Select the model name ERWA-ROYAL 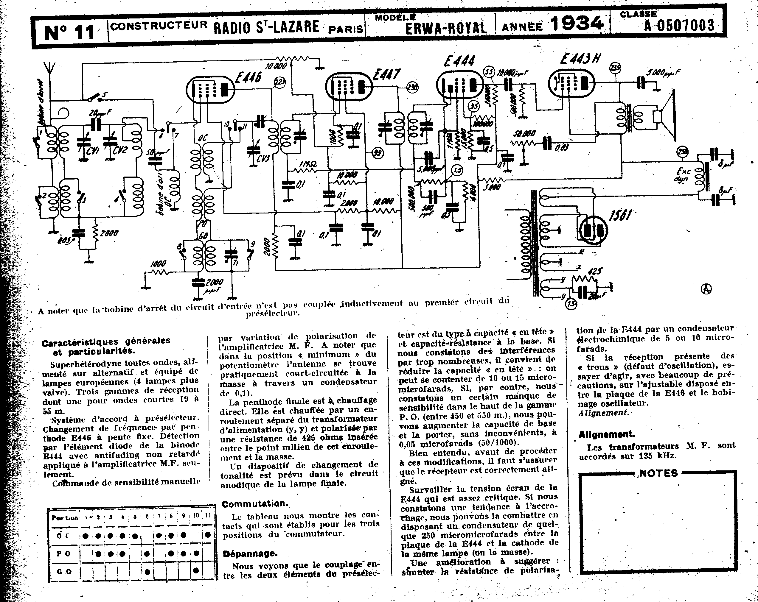tap(446, 28)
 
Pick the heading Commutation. tap(254, 504)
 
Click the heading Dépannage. tap(250, 553)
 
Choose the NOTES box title tap(658, 473)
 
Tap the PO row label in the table tap(64, 553)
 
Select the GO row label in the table tap(64, 571)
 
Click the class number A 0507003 tap(679, 25)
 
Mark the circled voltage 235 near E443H tap(615, 68)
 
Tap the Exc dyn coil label tap(684, 175)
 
